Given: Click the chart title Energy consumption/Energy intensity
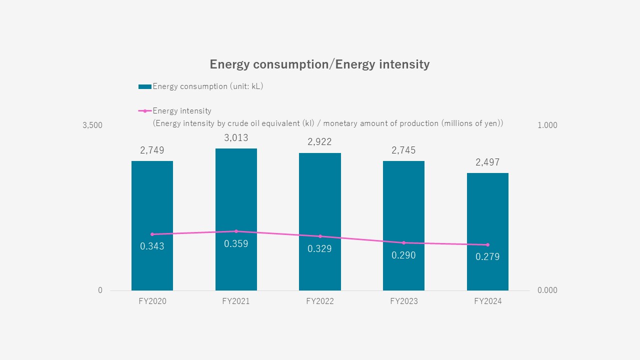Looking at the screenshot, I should pyautogui.click(x=319, y=64).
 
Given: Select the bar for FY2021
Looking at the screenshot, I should pyautogui.click(x=236, y=200).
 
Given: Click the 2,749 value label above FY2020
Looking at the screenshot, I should pyautogui.click(x=152, y=150).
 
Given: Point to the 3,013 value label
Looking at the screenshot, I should pyautogui.click(x=236, y=138).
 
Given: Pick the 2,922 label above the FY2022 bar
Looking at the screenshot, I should pyautogui.click(x=319, y=142).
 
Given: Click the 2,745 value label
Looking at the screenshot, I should pyautogui.click(x=403, y=150).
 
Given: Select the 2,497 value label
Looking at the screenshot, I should pyautogui.click(x=487, y=162).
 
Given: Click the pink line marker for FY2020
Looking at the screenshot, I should pyautogui.click(x=152, y=234).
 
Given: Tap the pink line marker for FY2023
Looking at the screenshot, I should pyautogui.click(x=403, y=242).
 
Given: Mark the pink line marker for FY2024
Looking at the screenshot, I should pyautogui.click(x=487, y=244).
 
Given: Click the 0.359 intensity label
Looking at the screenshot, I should pyautogui.click(x=236, y=244).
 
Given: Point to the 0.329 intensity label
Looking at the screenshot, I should pyautogui.click(x=319, y=249).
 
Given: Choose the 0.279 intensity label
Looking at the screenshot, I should pyautogui.click(x=487, y=257).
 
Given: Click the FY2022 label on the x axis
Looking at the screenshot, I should pyautogui.click(x=319, y=301).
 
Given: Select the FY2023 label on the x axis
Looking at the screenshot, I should pyautogui.click(x=403, y=301).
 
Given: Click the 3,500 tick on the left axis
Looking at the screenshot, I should pyautogui.click(x=92, y=125).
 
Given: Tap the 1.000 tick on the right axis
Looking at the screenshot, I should pyautogui.click(x=547, y=125).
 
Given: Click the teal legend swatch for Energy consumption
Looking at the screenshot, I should pyautogui.click(x=144, y=86).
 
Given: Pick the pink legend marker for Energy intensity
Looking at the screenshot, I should pyautogui.click(x=144, y=111).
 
